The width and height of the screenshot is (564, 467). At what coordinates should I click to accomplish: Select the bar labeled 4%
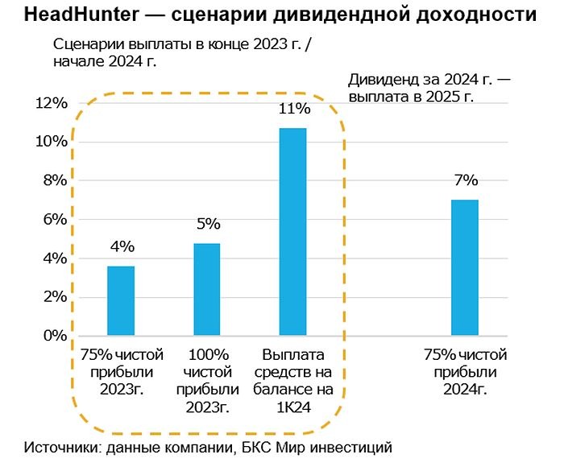121,300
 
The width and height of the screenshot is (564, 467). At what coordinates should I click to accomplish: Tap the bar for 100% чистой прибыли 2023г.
207,289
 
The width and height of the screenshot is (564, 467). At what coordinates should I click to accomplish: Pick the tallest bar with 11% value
292,231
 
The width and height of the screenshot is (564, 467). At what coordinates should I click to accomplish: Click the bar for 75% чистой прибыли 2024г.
465,267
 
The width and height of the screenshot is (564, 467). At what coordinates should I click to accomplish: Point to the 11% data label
293,109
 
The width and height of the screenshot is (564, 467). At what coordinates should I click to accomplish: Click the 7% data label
465,180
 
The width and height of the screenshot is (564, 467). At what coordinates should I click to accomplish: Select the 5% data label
207,224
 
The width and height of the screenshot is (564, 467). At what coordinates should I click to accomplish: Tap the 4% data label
122,246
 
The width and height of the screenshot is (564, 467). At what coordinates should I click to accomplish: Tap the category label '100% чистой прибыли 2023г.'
207,381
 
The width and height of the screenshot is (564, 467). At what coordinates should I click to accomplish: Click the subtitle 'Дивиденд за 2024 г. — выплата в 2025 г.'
431,88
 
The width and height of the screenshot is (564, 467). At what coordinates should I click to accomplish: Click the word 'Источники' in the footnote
61,447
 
